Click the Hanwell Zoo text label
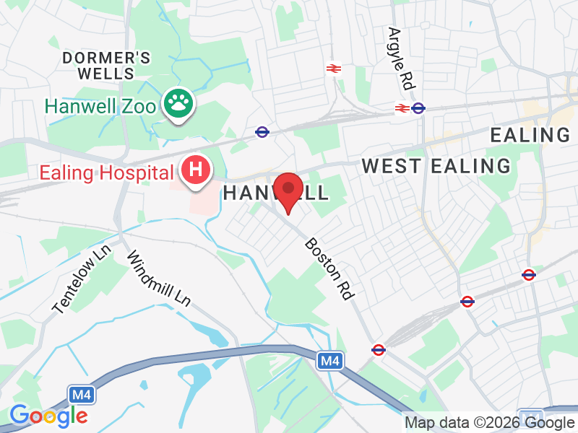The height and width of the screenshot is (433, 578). (100, 106)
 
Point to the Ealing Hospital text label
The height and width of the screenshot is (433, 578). (107, 173)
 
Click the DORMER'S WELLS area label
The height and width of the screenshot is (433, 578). (107, 65)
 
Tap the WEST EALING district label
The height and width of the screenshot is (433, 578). (436, 166)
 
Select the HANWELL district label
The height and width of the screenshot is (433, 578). (275, 193)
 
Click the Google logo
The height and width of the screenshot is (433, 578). (48, 416)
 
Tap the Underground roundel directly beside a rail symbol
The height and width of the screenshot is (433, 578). (418, 108)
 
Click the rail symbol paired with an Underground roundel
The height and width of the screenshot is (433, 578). (402, 108)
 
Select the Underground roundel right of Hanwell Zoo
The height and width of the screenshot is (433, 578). (262, 132)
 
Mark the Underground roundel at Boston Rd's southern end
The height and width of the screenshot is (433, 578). (378, 349)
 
